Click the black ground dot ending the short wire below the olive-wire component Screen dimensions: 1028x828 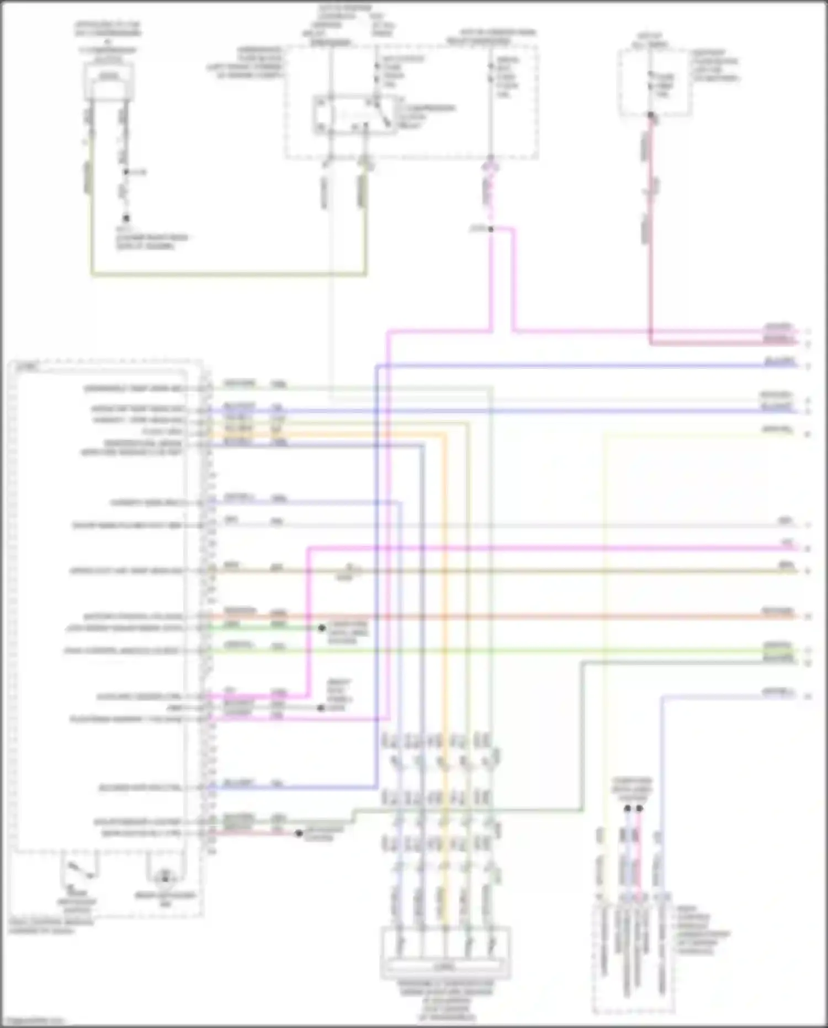pos(126,218)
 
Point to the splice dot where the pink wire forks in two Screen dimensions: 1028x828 pos(491,229)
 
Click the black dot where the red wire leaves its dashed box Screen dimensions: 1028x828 pos(651,115)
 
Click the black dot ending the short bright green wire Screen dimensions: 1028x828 pos(321,628)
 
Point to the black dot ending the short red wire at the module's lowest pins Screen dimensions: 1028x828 pos(299,833)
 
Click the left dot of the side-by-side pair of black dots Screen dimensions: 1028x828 pos(628,809)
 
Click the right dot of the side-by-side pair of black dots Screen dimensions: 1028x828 pos(639,809)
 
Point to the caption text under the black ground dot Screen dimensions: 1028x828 pos(151,241)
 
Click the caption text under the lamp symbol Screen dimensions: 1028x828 pos(165,899)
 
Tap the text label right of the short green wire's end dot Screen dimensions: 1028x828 pos(348,632)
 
